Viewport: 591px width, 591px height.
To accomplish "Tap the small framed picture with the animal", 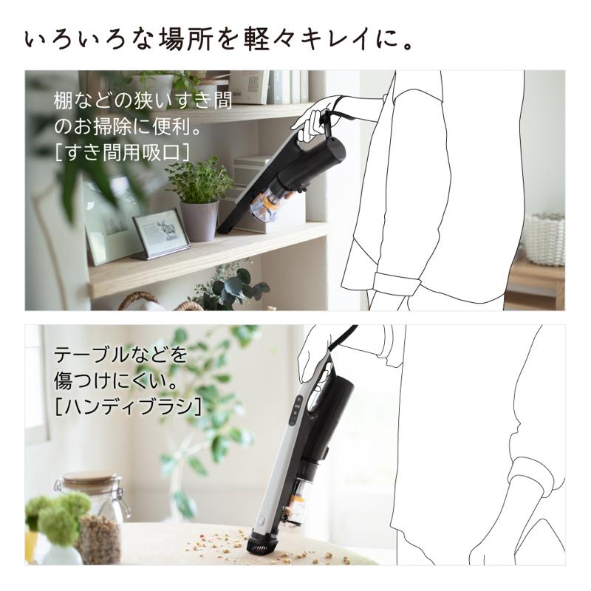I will (160, 233).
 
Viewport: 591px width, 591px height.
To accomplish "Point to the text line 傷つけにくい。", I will (114, 380).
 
